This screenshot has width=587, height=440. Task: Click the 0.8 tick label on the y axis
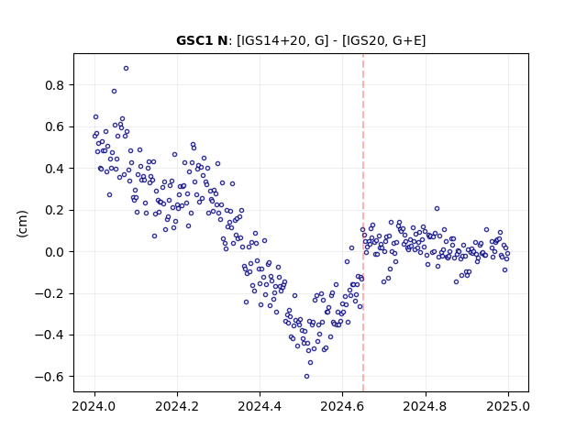54,85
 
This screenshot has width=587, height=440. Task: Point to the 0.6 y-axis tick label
54,126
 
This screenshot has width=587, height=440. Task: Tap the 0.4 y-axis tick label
54,169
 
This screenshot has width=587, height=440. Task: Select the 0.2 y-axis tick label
54,210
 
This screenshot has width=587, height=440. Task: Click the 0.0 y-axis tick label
54,252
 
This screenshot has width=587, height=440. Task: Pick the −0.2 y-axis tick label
50,293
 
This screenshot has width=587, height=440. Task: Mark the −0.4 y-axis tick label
50,335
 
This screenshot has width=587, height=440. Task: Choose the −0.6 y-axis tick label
50,377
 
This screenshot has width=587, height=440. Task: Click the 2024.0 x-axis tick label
94,406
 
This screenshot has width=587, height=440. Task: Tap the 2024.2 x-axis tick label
177,406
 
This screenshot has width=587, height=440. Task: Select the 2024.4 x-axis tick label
260,406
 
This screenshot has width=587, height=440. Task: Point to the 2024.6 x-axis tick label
342,406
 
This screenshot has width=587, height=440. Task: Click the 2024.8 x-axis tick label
426,406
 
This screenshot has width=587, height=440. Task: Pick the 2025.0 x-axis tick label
508,406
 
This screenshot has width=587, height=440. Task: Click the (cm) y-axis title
22,224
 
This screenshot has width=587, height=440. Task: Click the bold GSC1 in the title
195,40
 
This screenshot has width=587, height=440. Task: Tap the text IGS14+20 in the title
271,40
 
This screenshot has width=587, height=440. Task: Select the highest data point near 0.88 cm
127,68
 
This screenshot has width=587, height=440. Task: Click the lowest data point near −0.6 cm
306,377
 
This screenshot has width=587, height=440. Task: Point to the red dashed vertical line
363,223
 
